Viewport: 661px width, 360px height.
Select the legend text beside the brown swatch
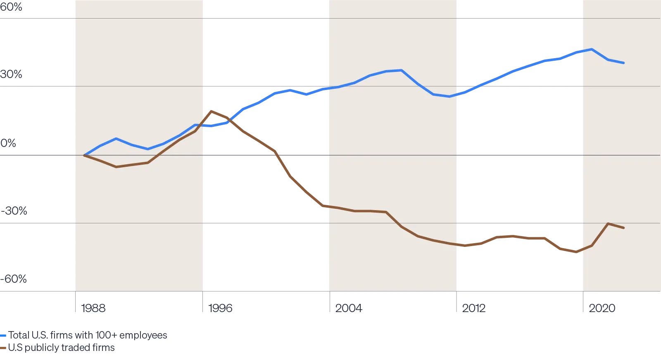[61, 349]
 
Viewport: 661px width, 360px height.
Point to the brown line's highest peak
[212, 111]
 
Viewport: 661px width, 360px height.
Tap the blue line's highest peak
[592, 49]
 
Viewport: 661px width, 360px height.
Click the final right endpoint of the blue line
[623, 63]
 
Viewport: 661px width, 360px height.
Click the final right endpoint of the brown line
[623, 227]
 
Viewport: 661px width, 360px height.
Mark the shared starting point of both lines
[84, 155]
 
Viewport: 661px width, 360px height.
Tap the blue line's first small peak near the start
[116, 139]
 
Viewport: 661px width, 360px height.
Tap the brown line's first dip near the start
[116, 167]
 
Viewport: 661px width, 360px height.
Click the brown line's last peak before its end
[608, 224]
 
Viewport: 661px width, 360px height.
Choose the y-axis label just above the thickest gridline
[8, 144]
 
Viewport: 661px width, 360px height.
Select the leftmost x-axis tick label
[93, 309]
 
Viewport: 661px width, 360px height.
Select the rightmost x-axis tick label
[602, 309]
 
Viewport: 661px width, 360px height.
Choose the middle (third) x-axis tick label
[348, 309]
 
